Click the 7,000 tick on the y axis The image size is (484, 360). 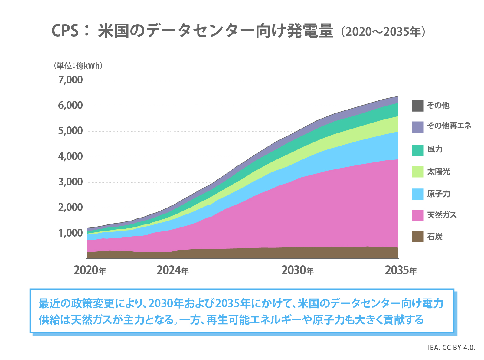pyautogui.click(x=70, y=80)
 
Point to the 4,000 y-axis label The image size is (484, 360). pyautogui.click(x=70, y=157)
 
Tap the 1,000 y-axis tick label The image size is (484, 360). pyautogui.click(x=70, y=233)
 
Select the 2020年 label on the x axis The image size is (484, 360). pyautogui.click(x=90, y=270)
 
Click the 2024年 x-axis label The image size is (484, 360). pyautogui.click(x=172, y=270)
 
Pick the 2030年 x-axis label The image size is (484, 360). pyautogui.click(x=297, y=270)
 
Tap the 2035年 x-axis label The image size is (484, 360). pyautogui.click(x=401, y=270)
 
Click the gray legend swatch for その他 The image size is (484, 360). pyautogui.click(x=418, y=106)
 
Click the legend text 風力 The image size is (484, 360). pyautogui.click(x=435, y=149)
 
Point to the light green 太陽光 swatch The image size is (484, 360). pyautogui.click(x=418, y=172)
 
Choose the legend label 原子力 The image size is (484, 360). pyautogui.click(x=438, y=194)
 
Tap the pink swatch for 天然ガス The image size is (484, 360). pyautogui.click(x=418, y=215)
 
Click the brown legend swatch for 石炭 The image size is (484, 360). pyautogui.click(x=418, y=237)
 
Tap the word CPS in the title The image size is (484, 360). pyautogui.click(x=65, y=31)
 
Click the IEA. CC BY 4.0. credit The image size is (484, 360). pyautogui.click(x=451, y=348)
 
